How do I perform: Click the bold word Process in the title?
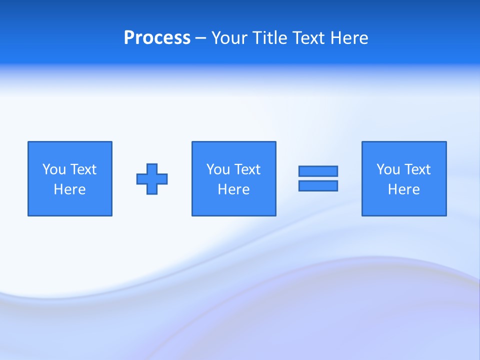point(157,38)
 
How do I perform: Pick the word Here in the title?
point(350,38)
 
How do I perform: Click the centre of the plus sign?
point(152,179)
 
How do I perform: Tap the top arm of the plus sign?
point(152,168)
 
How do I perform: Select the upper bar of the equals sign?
point(318,171)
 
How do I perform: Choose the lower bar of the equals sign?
point(318,185)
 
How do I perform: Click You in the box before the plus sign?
point(54,169)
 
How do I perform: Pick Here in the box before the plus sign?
point(69,189)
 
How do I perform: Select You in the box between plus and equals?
point(218,169)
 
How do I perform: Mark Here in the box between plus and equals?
point(233,189)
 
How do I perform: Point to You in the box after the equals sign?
point(388,169)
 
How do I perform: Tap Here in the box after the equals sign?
point(403,189)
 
